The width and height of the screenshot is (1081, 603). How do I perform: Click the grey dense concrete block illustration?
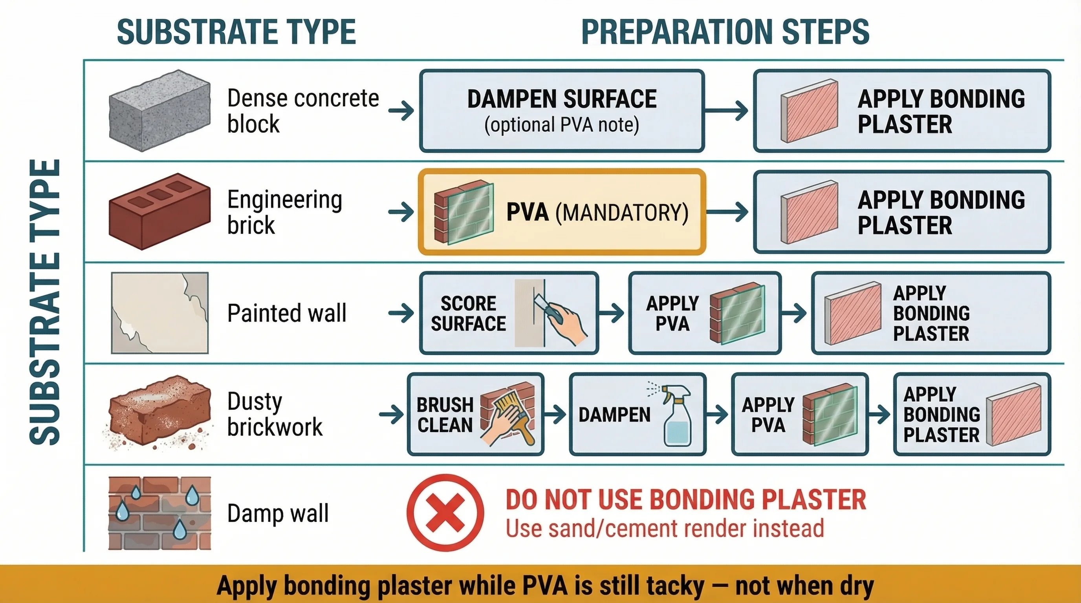coord(159,111)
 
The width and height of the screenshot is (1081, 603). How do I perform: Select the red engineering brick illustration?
coord(159,211)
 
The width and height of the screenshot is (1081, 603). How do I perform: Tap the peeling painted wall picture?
coord(159,313)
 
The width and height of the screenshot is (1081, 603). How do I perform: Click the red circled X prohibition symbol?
coord(445,512)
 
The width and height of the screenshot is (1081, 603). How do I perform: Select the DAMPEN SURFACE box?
coord(561,111)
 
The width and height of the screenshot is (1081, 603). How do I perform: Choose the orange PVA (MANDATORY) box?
coord(561,212)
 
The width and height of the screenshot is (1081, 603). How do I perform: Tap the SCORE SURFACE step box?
coord(509,313)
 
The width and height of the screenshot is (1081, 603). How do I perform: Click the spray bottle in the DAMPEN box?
coord(676,415)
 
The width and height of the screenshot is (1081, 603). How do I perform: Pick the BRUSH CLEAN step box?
coord(475,414)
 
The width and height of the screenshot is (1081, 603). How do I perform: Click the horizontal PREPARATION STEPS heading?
coord(725,32)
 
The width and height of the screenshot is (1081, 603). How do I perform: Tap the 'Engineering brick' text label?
coord(284,212)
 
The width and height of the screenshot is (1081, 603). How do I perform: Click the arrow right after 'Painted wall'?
coord(401,313)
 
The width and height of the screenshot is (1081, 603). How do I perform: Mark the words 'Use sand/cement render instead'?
coord(665,528)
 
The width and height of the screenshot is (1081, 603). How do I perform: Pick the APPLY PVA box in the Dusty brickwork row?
coord(800,414)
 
